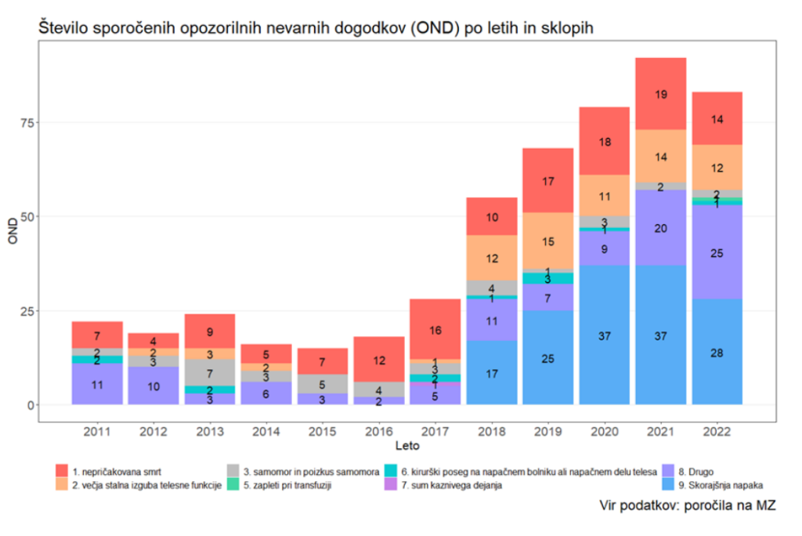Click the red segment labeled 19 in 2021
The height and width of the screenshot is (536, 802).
pos(660,94)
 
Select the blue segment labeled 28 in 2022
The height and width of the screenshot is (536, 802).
pos(717,352)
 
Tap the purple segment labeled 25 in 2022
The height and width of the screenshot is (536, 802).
pos(717,252)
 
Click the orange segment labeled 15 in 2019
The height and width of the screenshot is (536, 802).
pos(547,241)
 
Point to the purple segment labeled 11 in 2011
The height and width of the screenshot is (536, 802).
pos(97,384)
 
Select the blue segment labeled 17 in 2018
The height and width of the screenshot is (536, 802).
pos(491,373)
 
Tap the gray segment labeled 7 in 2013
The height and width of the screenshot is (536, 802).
pos(209,373)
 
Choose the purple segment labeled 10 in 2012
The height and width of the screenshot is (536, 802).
pos(153,386)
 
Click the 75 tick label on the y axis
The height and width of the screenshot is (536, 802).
pos(24,122)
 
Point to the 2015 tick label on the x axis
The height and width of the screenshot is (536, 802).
pos(322,432)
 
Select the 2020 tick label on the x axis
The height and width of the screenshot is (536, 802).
pos(604,432)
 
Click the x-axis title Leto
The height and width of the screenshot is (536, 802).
pos(406,447)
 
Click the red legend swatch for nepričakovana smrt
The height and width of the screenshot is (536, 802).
pos(62,471)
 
